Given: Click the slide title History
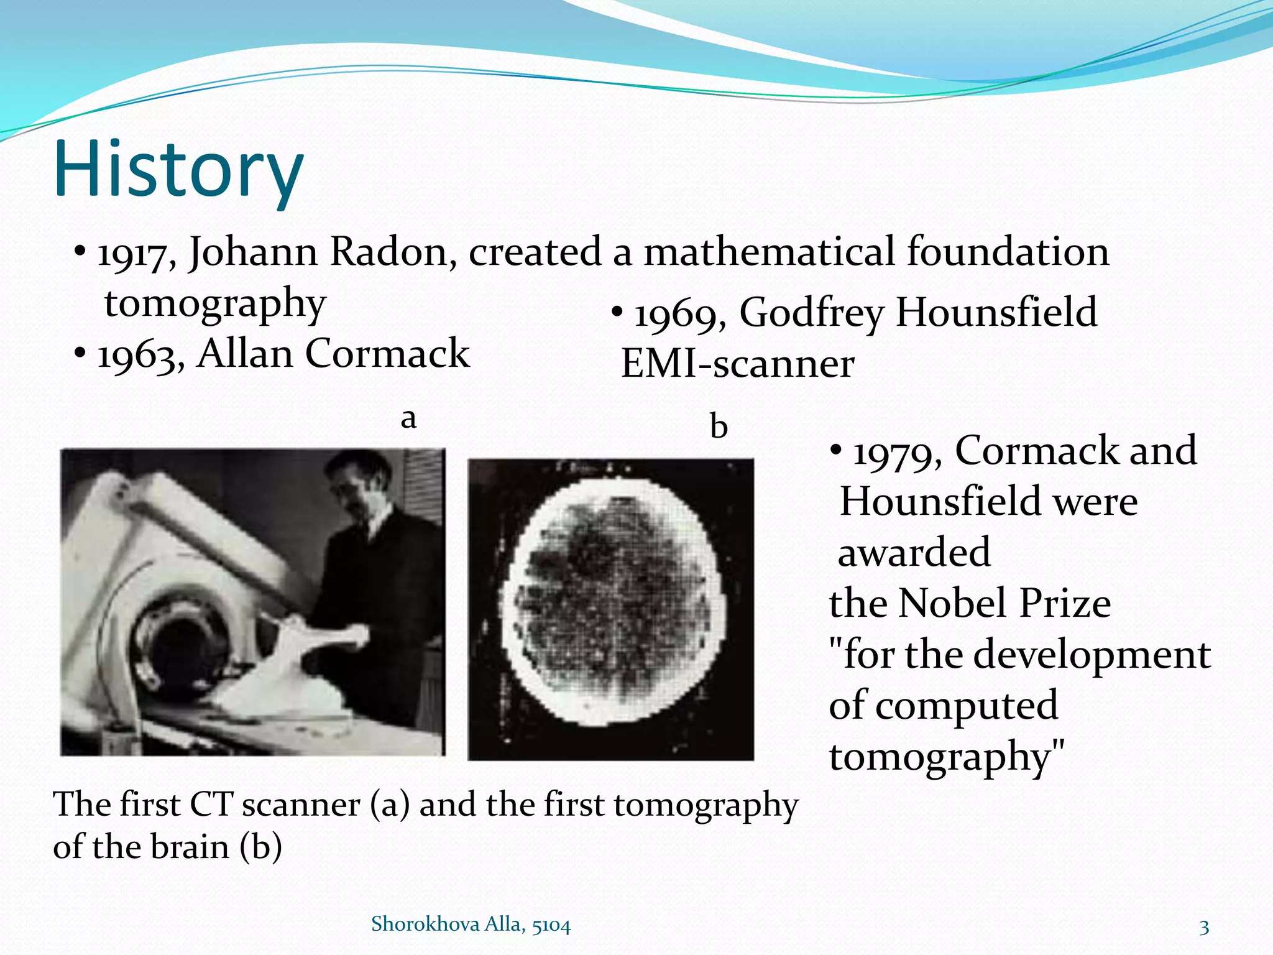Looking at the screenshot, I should point(179,169).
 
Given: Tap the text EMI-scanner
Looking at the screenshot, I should point(738,364).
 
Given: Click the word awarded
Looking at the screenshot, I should point(914,552).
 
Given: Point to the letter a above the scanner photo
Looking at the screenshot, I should point(408,418).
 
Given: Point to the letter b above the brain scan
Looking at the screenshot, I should point(719,427).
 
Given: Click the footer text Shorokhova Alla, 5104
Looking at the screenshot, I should point(471,925).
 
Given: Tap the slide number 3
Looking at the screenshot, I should point(1204,928).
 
